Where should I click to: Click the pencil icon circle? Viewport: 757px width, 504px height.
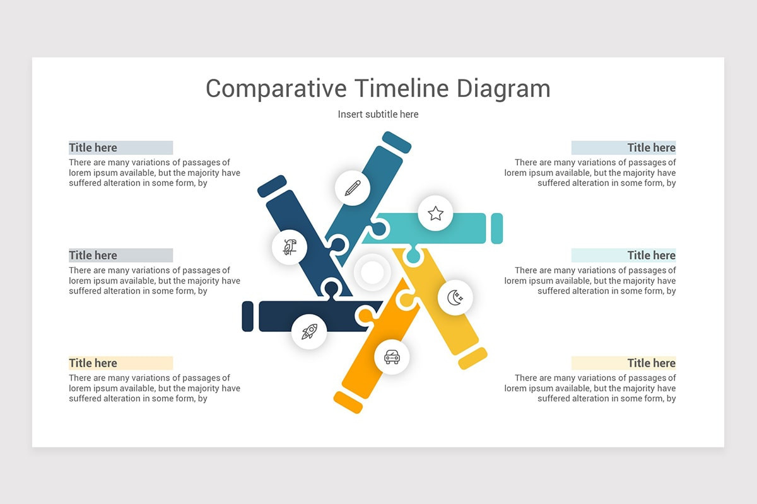[353, 187]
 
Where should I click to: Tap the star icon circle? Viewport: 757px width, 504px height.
[435, 213]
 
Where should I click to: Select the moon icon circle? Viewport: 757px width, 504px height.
[455, 297]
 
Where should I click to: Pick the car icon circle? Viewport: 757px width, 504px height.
[392, 357]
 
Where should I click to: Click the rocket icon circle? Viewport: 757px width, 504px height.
[309, 331]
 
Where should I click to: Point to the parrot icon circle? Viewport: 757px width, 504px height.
[290, 247]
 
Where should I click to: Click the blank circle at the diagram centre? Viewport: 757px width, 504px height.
[372, 273]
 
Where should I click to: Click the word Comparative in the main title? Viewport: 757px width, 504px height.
[276, 88]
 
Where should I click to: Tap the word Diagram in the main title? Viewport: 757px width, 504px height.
[503, 88]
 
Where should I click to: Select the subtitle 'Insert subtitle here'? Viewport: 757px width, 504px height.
[378, 114]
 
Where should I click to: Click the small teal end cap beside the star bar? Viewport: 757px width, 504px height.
[497, 228]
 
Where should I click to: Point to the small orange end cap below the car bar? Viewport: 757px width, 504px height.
[348, 402]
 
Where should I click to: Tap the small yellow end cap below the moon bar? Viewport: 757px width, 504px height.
[472, 358]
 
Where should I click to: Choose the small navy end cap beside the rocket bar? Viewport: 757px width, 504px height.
[248, 316]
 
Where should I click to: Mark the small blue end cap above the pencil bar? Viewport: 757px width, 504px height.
[397, 142]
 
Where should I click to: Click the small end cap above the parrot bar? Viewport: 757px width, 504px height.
[272, 186]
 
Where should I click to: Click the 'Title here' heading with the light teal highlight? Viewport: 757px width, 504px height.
[651, 255]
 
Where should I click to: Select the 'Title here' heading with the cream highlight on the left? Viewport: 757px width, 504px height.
[93, 363]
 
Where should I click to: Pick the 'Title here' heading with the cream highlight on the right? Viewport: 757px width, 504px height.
[651, 363]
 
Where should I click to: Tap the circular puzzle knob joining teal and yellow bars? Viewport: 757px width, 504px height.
[413, 256]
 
